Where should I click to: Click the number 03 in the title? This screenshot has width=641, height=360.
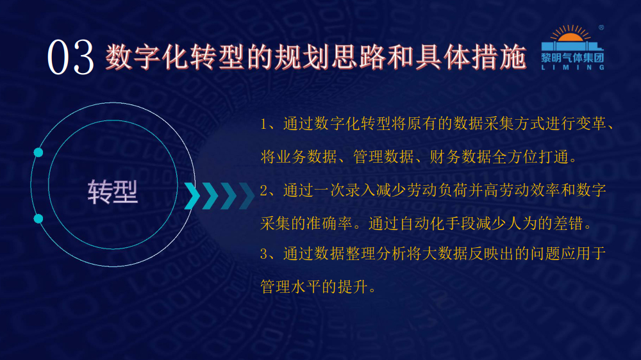click(71, 58)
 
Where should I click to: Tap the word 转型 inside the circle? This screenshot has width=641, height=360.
click(112, 192)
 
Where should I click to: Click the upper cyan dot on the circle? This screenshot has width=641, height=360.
click(38, 152)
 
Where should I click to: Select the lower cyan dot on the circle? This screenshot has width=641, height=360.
click(38, 218)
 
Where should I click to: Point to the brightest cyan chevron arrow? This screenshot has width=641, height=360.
click(192, 196)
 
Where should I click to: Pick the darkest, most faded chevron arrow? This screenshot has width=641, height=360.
click(247, 196)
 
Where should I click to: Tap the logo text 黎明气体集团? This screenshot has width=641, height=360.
click(572, 58)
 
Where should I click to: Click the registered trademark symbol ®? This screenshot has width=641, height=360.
click(601, 28)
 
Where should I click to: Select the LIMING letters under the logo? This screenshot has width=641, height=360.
click(572, 67)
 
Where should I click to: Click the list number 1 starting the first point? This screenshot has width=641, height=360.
click(263, 124)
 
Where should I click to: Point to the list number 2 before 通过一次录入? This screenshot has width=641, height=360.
click(263, 190)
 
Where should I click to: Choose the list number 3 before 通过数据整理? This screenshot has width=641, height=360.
click(263, 254)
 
